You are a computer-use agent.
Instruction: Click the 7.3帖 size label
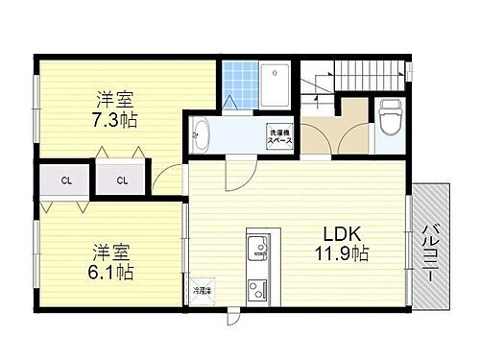click(113, 120)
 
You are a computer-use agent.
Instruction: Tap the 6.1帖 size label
click(111, 272)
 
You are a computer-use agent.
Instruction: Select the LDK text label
click(341, 234)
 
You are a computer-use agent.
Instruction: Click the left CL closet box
click(65, 180)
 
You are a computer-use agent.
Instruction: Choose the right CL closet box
click(122, 180)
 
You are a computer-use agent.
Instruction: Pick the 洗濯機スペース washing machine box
click(280, 135)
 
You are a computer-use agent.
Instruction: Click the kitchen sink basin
click(257, 252)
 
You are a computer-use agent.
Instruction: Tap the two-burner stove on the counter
click(257, 288)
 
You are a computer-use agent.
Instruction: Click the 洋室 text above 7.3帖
click(113, 99)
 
